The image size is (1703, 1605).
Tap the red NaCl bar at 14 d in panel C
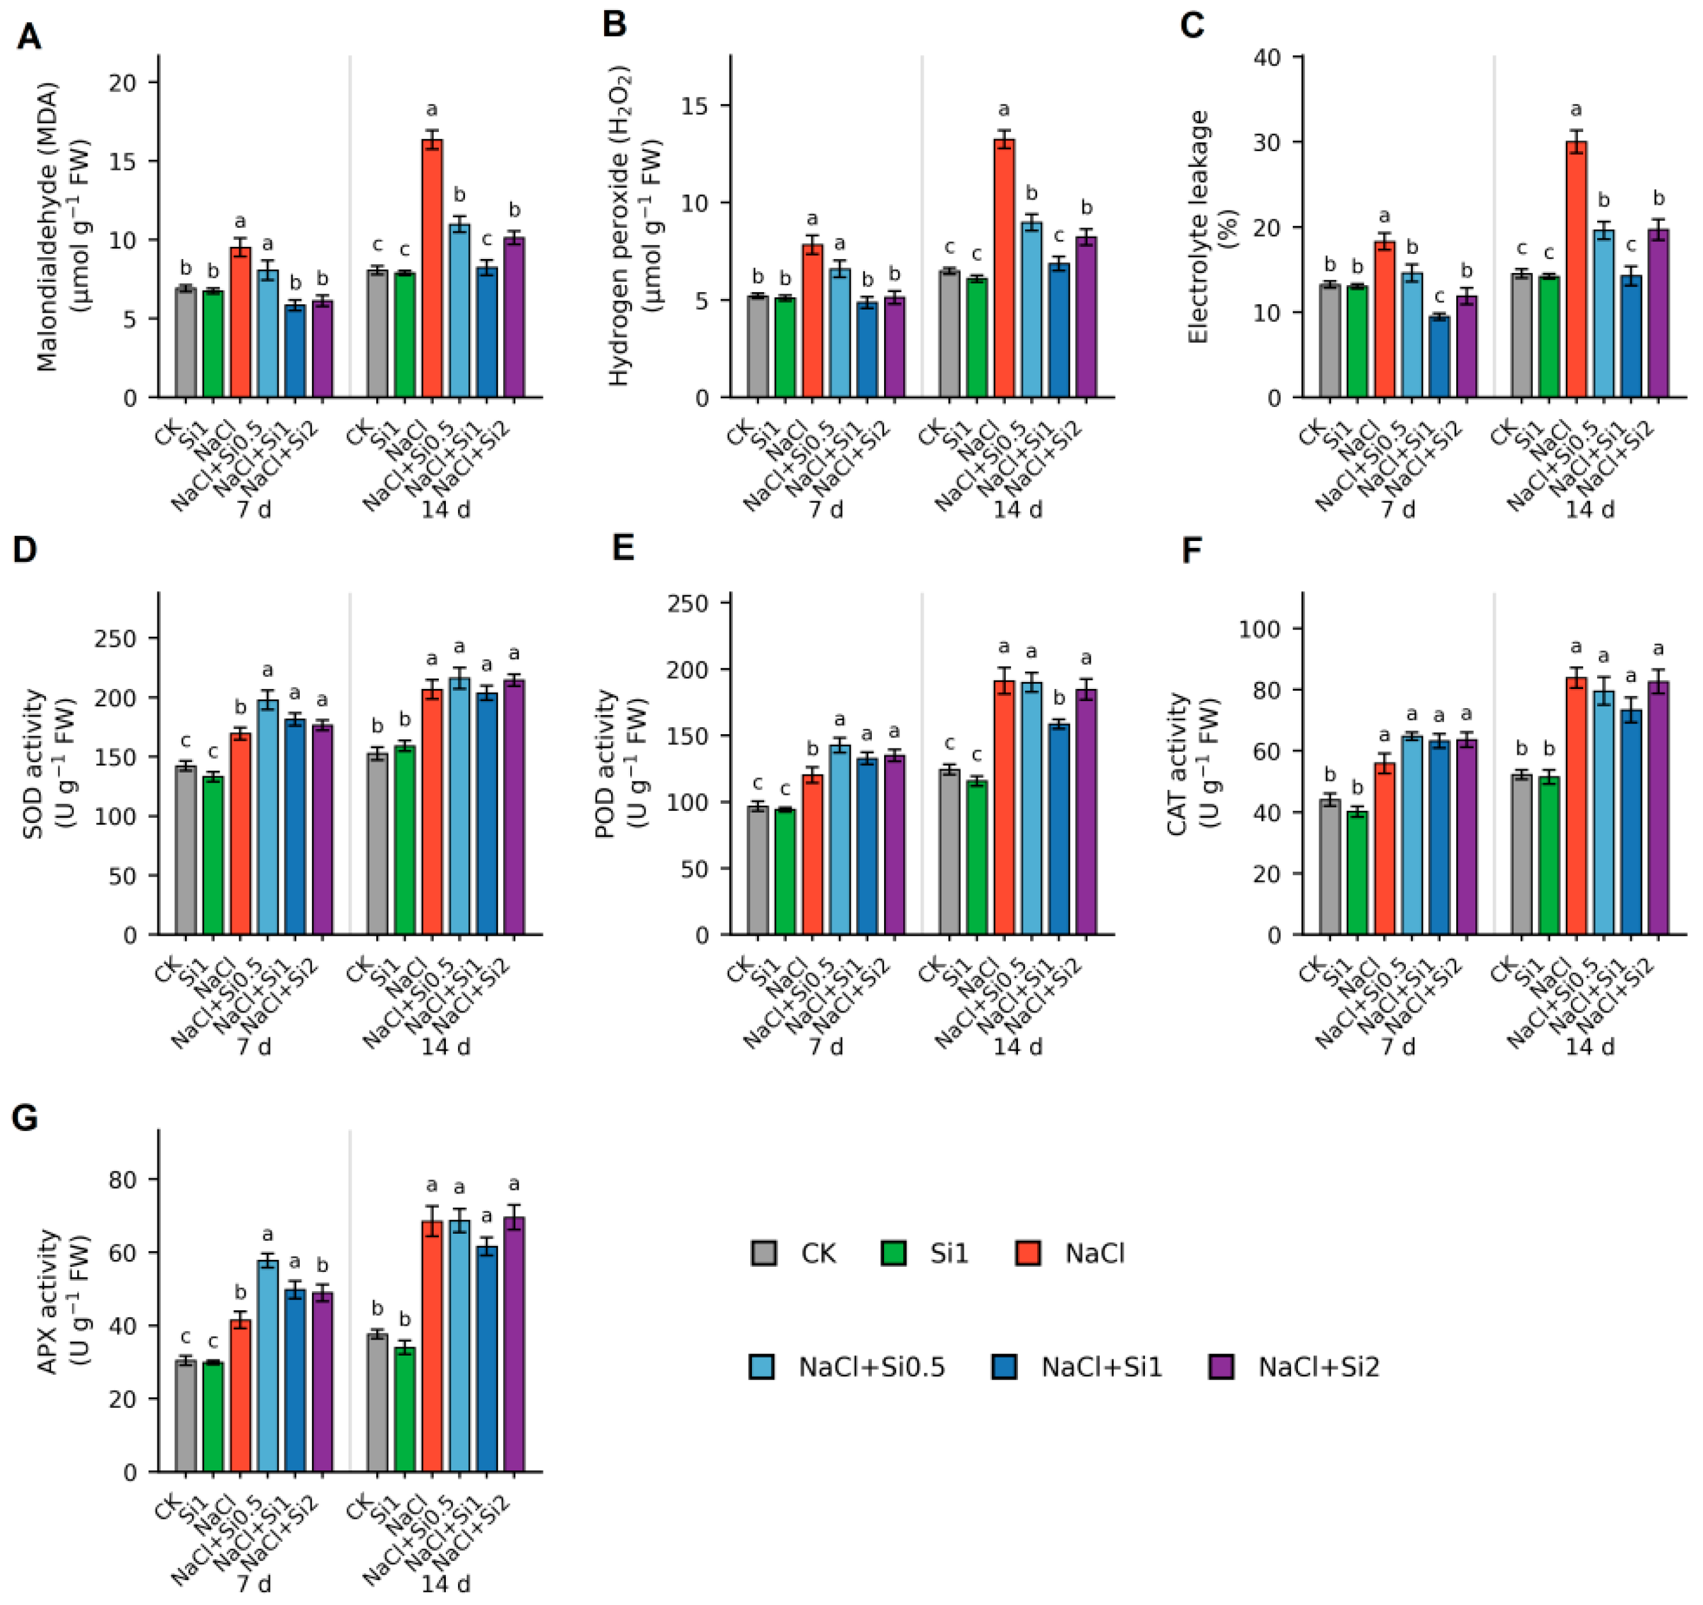coord(1576,269)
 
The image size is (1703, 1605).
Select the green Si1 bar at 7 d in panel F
coord(1357,873)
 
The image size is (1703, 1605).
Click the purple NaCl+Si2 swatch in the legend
coord(1221,1367)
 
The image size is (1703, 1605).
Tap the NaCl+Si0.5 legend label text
coord(872,1368)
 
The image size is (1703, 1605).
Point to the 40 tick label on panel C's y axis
coord(1267,57)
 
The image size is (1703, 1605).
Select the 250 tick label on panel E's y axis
coord(689,604)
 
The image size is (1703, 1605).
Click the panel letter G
coord(26,1118)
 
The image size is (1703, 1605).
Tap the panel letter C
coord(1193,26)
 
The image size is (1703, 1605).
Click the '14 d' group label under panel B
coord(1018,510)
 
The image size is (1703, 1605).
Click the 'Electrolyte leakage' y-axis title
coord(1198,227)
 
